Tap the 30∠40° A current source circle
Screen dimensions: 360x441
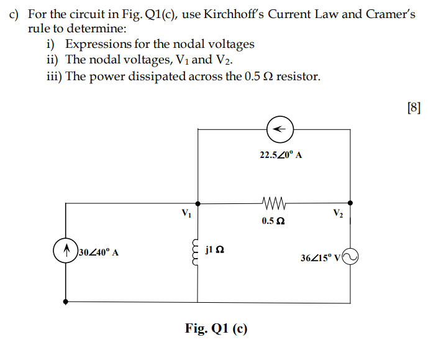(66, 254)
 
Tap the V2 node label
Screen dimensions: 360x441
(337, 215)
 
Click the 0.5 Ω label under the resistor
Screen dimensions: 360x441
(273, 221)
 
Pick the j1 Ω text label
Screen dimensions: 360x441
(214, 251)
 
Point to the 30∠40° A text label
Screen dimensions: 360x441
(98, 254)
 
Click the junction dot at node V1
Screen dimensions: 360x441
(198, 203)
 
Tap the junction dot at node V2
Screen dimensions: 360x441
(351, 203)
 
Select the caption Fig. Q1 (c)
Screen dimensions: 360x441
(216, 328)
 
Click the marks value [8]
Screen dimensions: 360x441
(414, 107)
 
